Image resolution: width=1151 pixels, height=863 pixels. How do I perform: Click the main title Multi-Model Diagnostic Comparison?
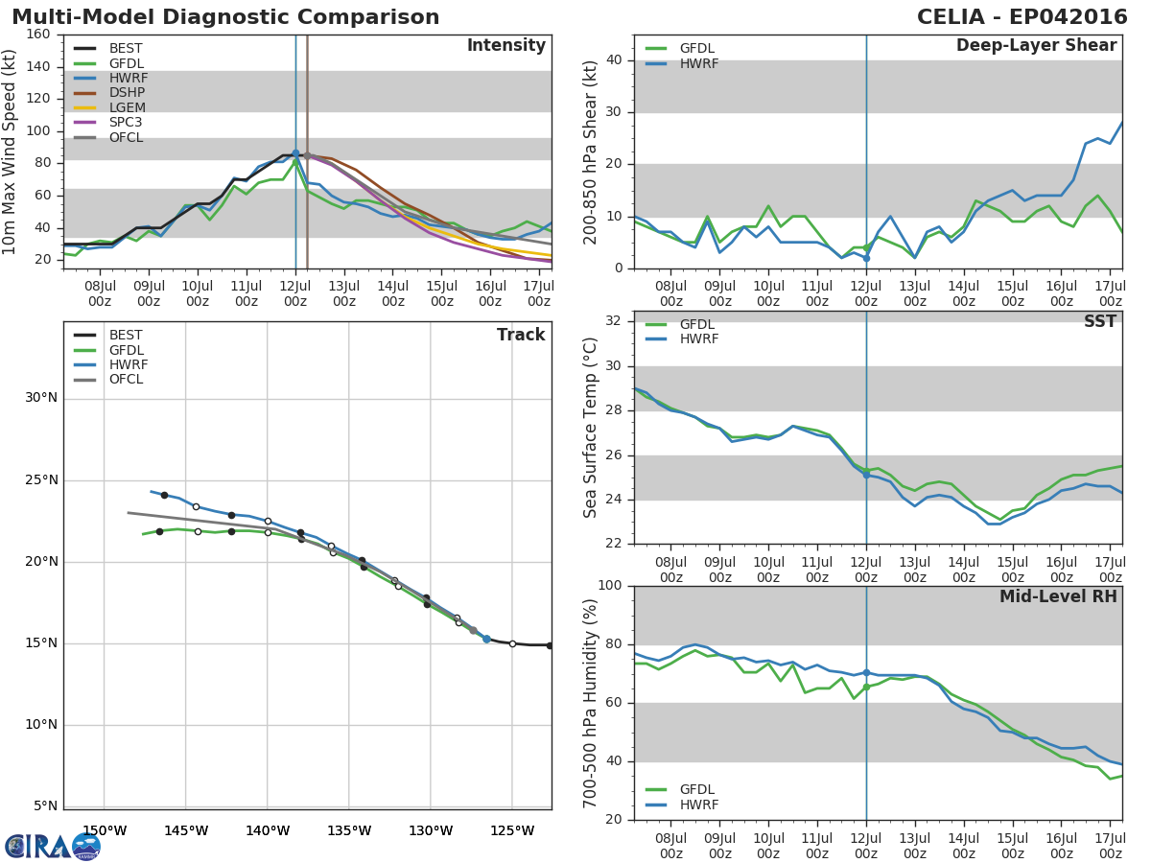point(225,17)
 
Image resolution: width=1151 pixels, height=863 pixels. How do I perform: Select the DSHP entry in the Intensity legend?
point(126,93)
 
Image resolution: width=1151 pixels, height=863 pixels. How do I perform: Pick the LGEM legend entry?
point(127,108)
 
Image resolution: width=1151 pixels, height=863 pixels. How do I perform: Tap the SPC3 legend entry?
point(126,123)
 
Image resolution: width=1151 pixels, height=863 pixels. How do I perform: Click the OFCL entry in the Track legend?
point(126,380)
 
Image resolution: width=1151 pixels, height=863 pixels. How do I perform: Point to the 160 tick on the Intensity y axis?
point(38,35)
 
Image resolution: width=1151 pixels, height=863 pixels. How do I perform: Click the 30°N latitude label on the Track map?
point(39,398)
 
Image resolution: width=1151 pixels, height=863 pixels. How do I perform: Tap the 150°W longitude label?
point(105,830)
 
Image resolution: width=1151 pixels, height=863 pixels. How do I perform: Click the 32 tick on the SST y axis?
point(612,320)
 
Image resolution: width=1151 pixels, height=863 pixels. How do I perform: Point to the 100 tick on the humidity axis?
point(608,586)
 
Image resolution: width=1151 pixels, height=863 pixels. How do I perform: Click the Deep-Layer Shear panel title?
point(1036,46)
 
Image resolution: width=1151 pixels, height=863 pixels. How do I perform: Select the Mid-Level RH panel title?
point(1058,596)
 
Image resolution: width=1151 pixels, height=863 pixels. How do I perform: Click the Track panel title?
point(521,335)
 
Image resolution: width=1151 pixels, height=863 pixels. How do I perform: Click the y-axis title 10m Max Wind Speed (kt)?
point(11,152)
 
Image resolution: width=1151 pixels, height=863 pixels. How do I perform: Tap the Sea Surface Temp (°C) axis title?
point(591,427)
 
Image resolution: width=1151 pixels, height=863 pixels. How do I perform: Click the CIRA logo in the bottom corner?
point(53,846)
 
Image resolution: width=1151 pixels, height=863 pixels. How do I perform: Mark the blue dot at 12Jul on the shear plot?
point(866,258)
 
